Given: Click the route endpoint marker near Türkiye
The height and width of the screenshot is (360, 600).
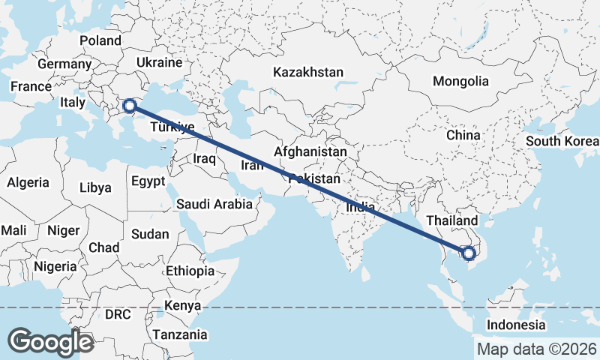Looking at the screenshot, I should pos(130,106).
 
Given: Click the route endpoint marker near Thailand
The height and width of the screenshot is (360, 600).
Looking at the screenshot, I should pos(470,253).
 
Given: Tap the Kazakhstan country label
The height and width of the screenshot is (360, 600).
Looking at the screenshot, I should pos(308,73).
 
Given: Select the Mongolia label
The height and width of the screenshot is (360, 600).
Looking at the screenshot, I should pos(460,82).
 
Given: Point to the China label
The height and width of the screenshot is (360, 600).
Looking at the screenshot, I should pos(463,135).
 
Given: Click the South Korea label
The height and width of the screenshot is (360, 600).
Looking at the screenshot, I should pos(562,142).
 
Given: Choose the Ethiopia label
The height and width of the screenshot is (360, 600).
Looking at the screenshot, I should pos(190,271).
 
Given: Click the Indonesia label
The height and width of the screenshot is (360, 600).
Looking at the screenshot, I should pos(516,325).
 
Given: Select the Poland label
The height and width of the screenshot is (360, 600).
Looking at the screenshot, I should pos(100,40).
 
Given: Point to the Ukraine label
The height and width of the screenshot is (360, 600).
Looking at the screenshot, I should pos(160,61).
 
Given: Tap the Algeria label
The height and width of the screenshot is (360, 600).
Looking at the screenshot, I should pos(28,182).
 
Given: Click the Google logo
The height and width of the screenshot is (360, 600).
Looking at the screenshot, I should pos(50,341).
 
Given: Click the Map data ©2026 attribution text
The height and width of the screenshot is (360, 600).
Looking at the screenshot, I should pos(537,349).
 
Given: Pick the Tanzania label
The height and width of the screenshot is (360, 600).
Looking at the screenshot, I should pos(179,334).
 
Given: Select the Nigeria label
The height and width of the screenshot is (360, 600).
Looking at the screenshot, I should pos(55,266).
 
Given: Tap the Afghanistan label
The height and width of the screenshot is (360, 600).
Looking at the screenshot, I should pos(310,151).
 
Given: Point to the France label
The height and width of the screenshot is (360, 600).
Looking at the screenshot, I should pos(31,87).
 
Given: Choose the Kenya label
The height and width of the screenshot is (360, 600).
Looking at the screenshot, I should pos(184,306).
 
